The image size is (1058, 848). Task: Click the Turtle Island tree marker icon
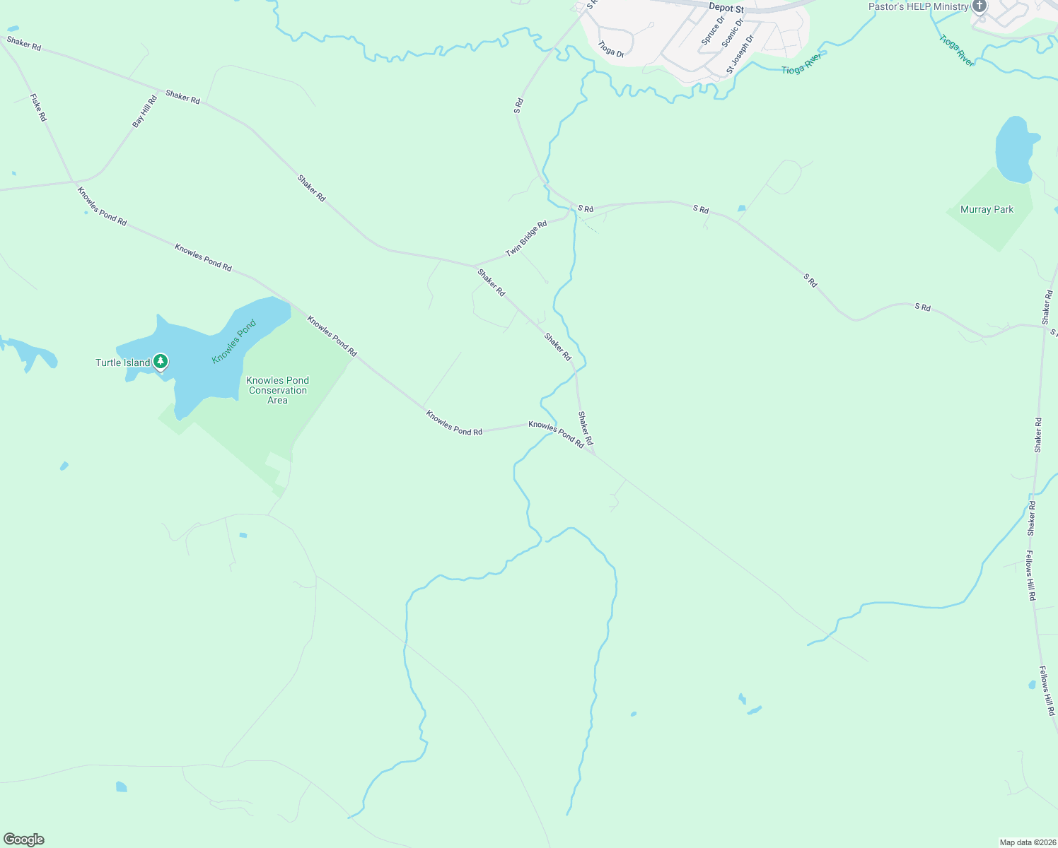tap(161, 362)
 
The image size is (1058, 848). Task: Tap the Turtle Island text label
tap(123, 363)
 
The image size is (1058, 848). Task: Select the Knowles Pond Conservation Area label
tap(277, 390)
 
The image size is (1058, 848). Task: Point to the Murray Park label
tap(987, 210)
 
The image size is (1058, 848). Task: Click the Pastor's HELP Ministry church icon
tap(979, 7)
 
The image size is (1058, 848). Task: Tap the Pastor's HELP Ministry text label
tap(918, 7)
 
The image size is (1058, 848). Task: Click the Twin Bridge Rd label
tap(526, 239)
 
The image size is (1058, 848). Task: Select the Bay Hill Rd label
tap(144, 112)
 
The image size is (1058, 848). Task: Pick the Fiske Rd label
tap(38, 107)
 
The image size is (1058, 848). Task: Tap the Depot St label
tap(726, 8)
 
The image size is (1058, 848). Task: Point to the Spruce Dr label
tap(713, 31)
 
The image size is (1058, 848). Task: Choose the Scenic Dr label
tap(733, 33)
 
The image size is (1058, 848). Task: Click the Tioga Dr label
tap(611, 49)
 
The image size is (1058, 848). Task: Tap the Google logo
tap(24, 840)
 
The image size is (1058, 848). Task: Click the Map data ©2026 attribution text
tap(1026, 842)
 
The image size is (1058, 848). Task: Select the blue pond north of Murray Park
tap(1016, 148)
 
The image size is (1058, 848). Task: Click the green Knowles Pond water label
tap(233, 342)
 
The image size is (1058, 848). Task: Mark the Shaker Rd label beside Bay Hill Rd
tap(182, 97)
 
